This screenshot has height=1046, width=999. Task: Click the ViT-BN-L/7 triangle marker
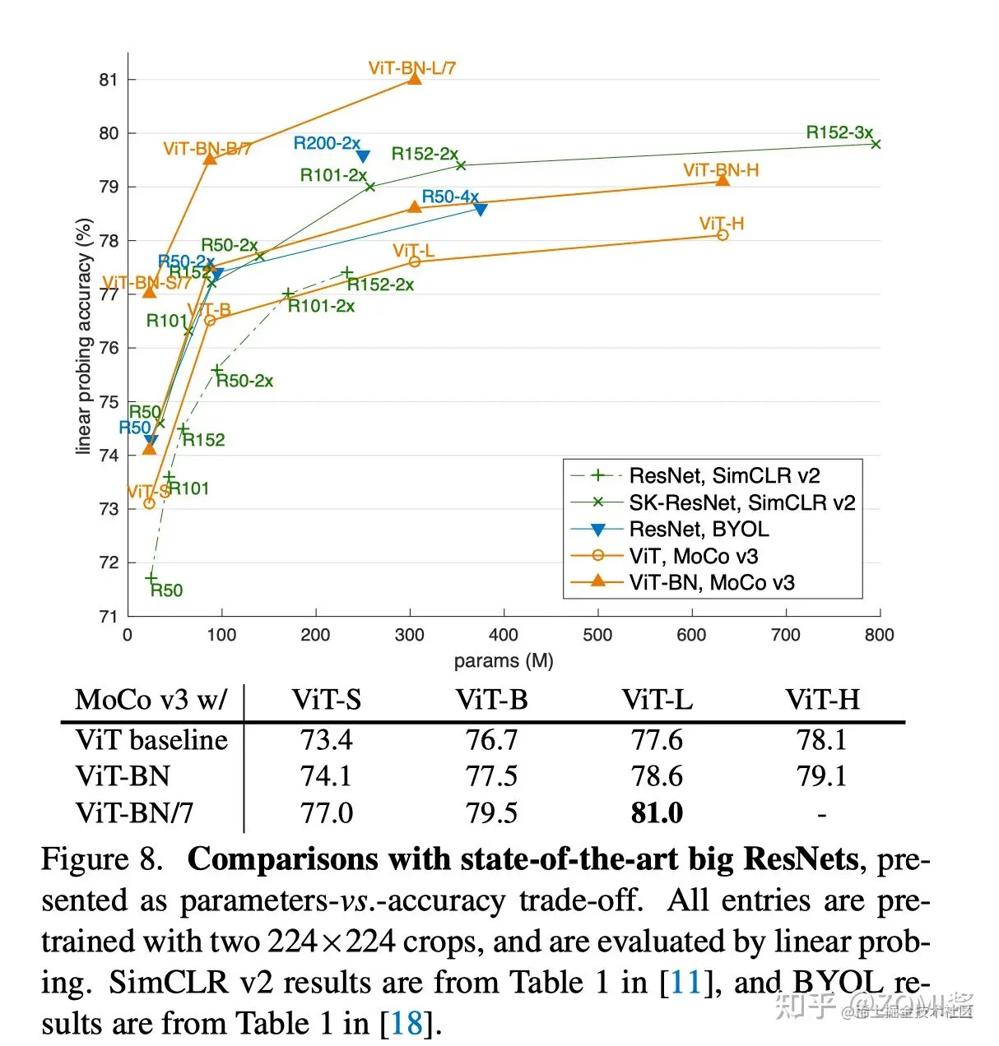tap(415, 77)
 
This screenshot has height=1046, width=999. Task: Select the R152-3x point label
tap(839, 132)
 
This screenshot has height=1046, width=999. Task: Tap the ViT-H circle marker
tap(723, 235)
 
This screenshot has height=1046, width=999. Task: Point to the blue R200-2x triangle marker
tap(363, 156)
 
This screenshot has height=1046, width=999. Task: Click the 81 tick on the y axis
tap(109, 80)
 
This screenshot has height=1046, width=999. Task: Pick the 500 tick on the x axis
tap(597, 635)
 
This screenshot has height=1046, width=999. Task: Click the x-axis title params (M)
tap(504, 661)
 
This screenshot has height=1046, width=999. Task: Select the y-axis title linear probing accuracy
tap(84, 336)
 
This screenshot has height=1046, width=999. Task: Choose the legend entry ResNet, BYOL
tap(699, 529)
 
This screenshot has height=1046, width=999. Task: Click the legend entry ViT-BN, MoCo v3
tap(711, 582)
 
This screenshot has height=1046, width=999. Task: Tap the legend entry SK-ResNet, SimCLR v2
tap(741, 502)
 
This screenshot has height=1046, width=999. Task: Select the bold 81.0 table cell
tap(657, 813)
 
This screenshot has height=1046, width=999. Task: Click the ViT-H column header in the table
tap(822, 700)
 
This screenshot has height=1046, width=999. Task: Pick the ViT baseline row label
tap(151, 739)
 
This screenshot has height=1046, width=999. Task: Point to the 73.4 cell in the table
tap(326, 739)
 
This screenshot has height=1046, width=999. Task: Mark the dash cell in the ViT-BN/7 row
tap(821, 814)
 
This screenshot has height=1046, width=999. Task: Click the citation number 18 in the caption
tap(407, 1023)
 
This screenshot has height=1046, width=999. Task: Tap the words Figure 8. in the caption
tap(102, 859)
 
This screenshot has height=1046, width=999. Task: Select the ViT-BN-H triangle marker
tap(723, 180)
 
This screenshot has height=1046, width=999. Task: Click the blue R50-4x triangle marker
tap(481, 210)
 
